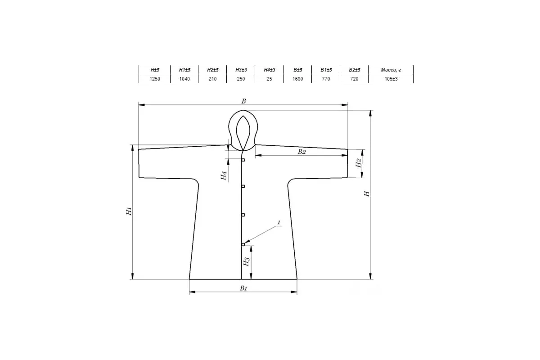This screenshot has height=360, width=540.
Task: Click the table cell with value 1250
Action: coord(154,79)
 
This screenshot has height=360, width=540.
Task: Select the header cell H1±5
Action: coord(184,70)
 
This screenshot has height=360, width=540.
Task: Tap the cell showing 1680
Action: coord(297,79)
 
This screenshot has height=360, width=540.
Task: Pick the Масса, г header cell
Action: coord(391,70)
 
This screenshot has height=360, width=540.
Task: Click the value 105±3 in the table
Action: coord(391,79)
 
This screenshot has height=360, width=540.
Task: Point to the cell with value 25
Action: coord(269,79)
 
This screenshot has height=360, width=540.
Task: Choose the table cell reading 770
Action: coord(326,79)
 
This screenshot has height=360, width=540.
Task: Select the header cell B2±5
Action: coord(354,70)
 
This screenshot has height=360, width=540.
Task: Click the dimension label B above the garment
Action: coord(244,101)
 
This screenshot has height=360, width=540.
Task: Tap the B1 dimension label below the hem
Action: coord(243,288)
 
